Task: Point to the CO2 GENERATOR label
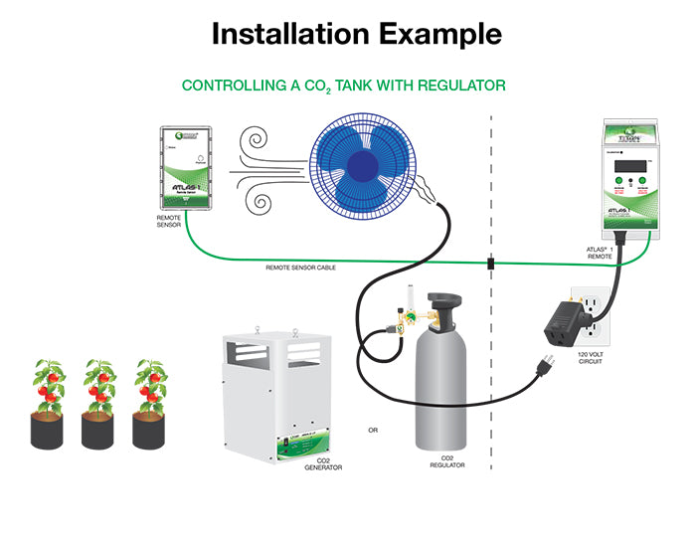pos(324,462)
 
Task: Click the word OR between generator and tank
pos(373,431)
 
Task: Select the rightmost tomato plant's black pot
pos(149,429)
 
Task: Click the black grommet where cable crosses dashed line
pos(490,265)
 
